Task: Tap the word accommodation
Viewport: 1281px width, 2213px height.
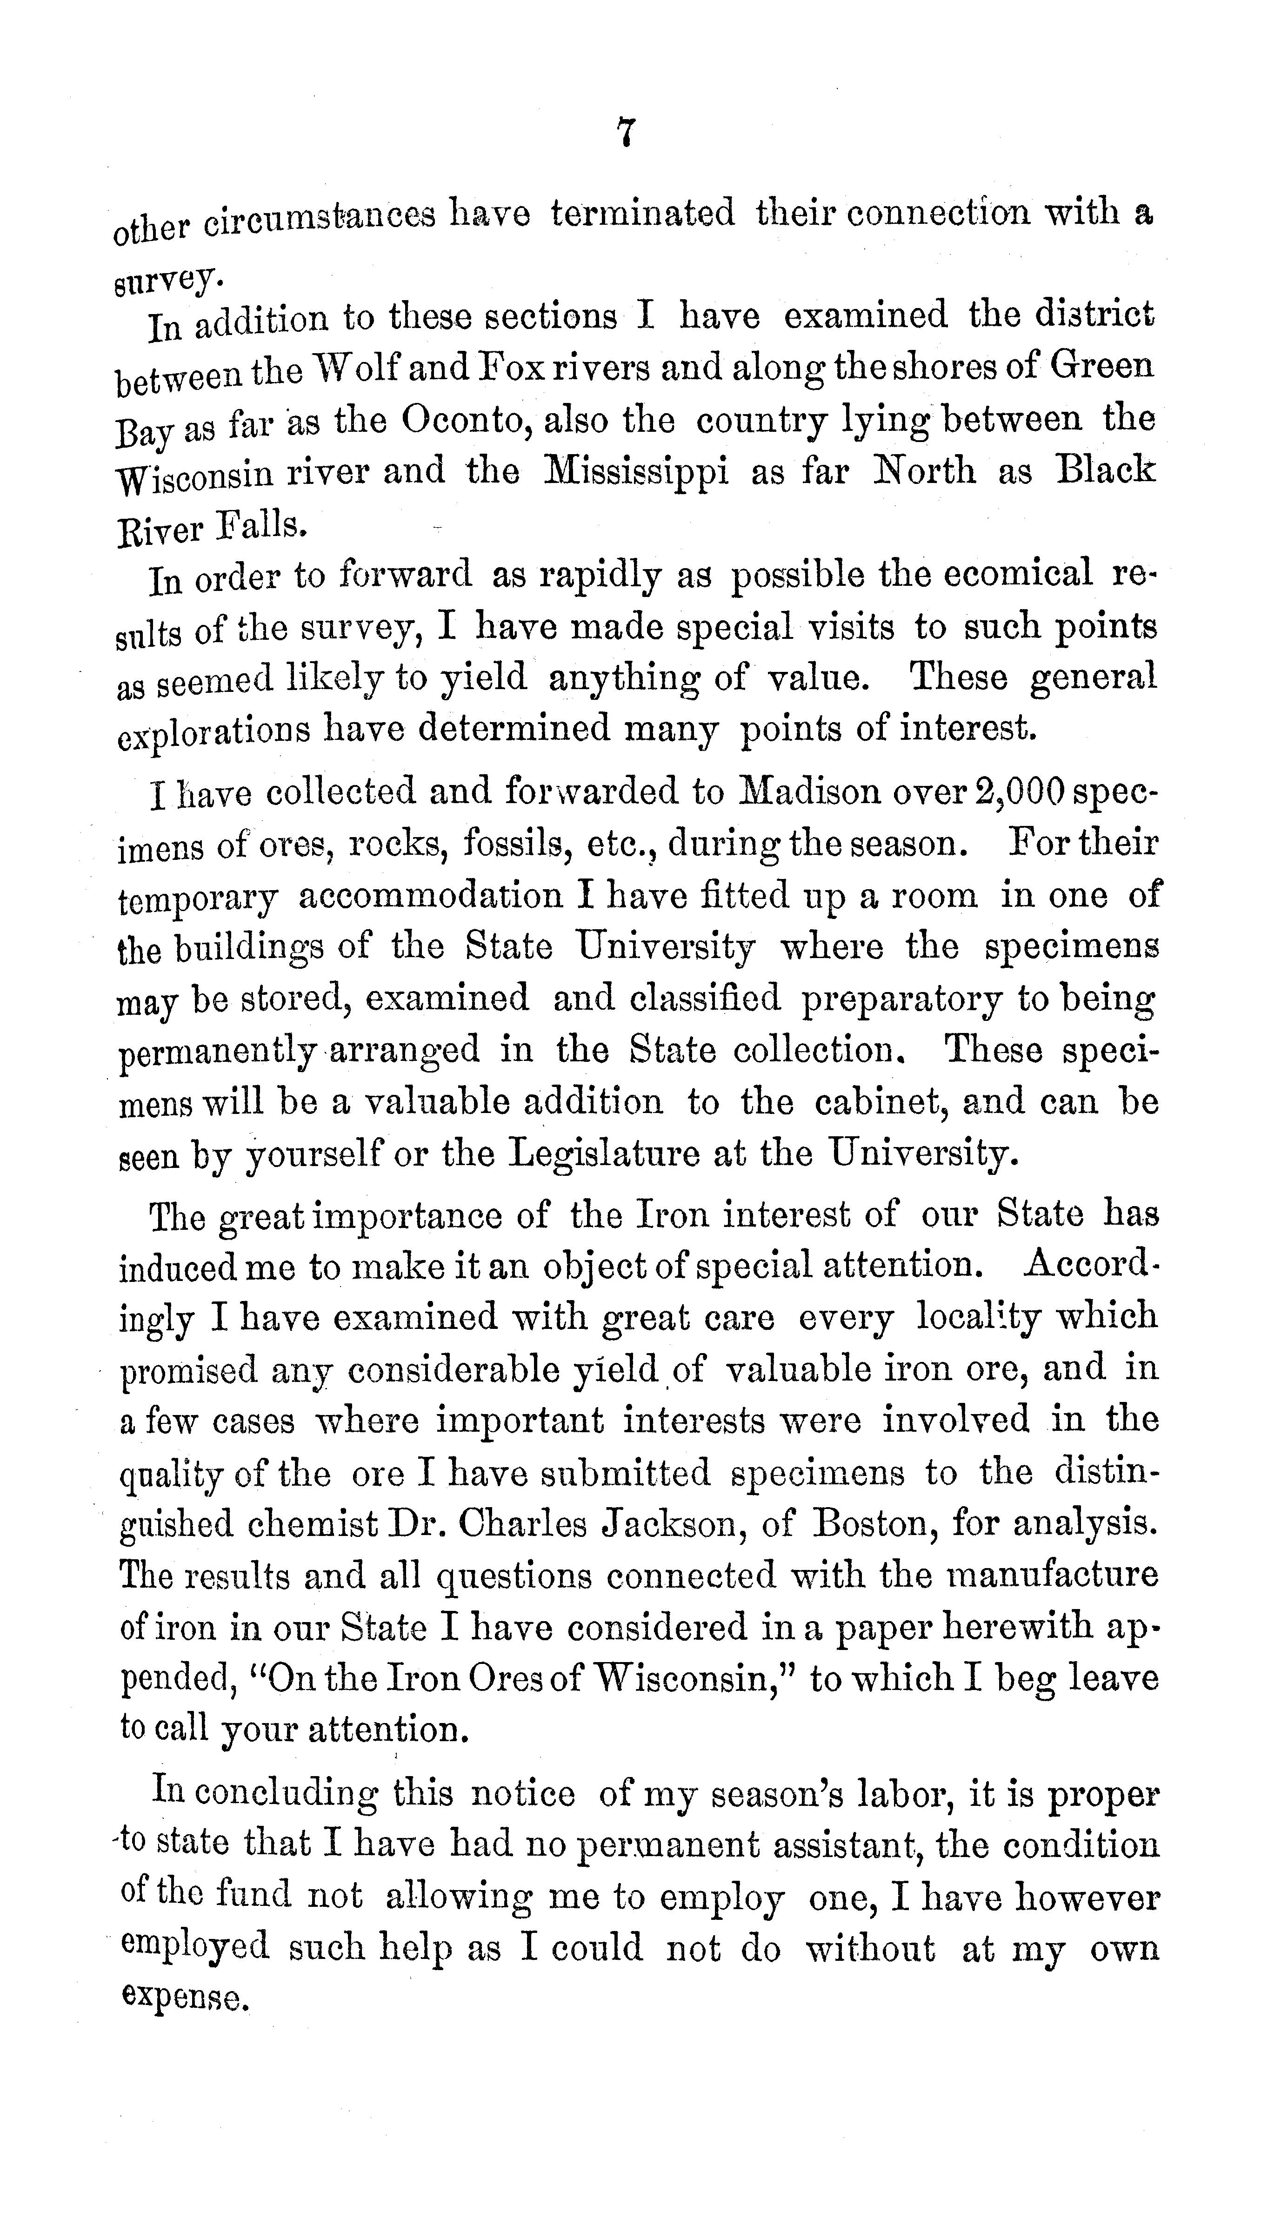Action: coord(430,896)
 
